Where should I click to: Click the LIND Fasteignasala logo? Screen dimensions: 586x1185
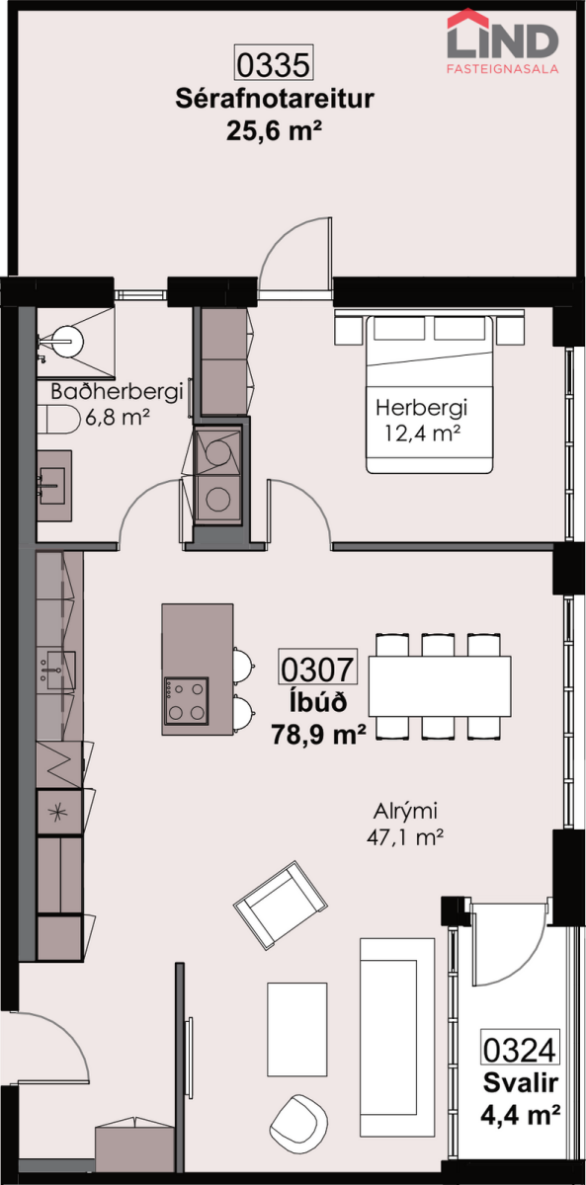502,41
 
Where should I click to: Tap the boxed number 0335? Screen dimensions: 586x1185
274,63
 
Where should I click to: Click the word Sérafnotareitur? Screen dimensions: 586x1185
274,99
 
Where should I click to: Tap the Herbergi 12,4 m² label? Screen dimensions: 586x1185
421,421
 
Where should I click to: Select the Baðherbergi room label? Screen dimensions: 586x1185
117,392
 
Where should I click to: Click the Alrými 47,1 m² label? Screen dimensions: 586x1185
405,824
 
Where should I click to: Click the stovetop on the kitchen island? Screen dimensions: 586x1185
187,700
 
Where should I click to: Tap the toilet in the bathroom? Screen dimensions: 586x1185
57,419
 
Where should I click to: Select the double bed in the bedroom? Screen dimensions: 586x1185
429,394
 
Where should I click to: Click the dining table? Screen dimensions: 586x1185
440,685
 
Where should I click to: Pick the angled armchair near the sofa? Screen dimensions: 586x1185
281,905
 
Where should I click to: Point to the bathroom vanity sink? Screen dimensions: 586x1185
53,485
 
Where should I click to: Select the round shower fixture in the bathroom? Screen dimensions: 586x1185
68,342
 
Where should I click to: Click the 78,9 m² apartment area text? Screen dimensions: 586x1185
318,735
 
